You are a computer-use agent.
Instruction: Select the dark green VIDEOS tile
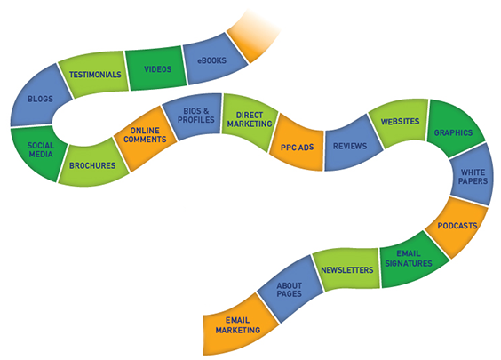click(x=156, y=68)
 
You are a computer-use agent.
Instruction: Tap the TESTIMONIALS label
click(x=95, y=75)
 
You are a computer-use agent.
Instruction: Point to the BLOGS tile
click(x=40, y=98)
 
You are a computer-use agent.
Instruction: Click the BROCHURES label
click(x=92, y=165)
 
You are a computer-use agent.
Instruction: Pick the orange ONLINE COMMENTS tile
click(x=146, y=137)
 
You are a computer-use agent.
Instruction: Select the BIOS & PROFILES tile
click(x=195, y=116)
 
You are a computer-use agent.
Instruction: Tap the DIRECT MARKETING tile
click(x=250, y=121)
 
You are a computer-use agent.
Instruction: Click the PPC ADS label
click(x=298, y=148)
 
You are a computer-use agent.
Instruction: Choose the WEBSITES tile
click(x=400, y=122)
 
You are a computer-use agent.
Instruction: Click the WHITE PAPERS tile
click(x=473, y=175)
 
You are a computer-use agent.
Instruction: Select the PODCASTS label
click(x=457, y=226)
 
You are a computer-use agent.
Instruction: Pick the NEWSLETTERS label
click(x=347, y=270)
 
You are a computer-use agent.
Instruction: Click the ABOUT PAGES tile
click(x=290, y=290)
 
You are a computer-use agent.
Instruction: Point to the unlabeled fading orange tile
click(x=252, y=36)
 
